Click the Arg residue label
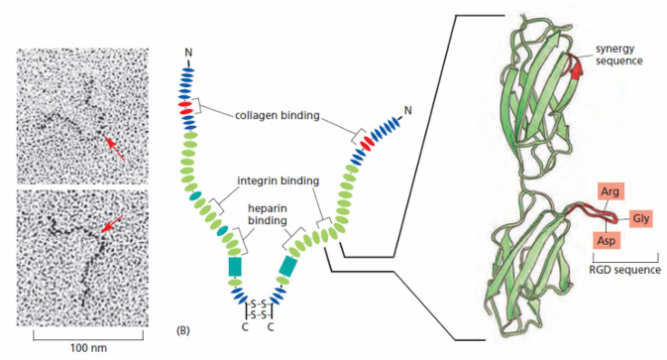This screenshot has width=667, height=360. pos(611,192)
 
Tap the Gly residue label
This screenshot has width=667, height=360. pos(640,218)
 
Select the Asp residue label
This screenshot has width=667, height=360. pos(607,240)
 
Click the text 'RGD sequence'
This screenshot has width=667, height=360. pos(625,270)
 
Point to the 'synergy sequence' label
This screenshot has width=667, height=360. pos(619,55)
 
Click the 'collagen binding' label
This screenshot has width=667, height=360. pos(278,115)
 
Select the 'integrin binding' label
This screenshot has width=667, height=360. pos(278,180)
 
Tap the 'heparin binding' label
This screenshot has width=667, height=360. pos(268,214)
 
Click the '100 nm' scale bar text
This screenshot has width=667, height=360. pos(88,348)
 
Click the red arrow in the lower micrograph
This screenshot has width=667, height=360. pos(112,223)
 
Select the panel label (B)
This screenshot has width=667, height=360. pos(183,330)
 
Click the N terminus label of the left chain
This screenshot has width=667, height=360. pos(188,53)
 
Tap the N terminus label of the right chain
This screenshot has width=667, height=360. pos(408,111)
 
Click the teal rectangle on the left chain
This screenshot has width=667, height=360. pos(235,267)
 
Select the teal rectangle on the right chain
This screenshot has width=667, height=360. pos(289,267)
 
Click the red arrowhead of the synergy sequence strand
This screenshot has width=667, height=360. pos(577,69)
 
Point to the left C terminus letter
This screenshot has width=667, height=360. pos(245,327)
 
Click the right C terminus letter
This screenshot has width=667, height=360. pos(271,327)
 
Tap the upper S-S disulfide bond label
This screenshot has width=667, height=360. pos(259,304)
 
